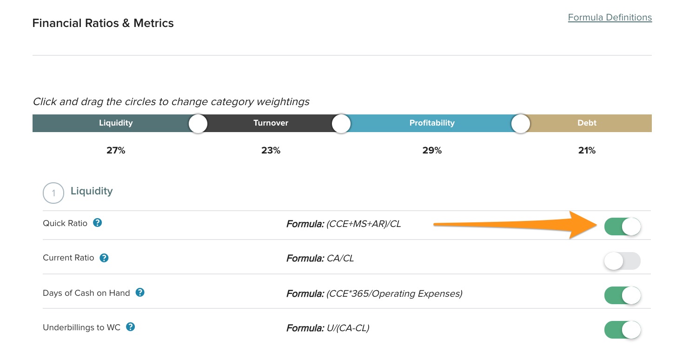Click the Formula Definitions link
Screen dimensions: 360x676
point(610,18)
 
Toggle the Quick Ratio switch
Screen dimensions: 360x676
point(622,227)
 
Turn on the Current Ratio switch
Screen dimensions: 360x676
point(622,261)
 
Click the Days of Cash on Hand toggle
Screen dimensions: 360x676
point(622,296)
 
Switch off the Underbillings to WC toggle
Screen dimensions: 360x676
point(622,330)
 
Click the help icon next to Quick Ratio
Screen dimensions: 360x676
point(97,223)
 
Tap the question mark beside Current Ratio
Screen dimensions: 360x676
point(104,258)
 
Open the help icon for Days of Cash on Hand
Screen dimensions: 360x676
point(140,293)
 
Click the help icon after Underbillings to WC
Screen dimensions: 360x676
point(131,327)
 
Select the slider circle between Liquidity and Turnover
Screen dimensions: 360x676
point(198,124)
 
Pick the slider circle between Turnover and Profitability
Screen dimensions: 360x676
point(341,124)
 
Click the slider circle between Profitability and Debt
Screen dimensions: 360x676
point(520,124)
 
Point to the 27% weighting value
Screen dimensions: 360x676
point(116,151)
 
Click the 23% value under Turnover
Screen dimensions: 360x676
point(271,151)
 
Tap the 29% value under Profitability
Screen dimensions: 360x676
point(432,151)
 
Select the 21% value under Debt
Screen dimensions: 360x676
point(586,151)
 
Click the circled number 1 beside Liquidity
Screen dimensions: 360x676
point(53,193)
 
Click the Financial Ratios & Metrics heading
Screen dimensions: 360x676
point(103,23)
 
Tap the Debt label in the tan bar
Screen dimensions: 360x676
point(587,123)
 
